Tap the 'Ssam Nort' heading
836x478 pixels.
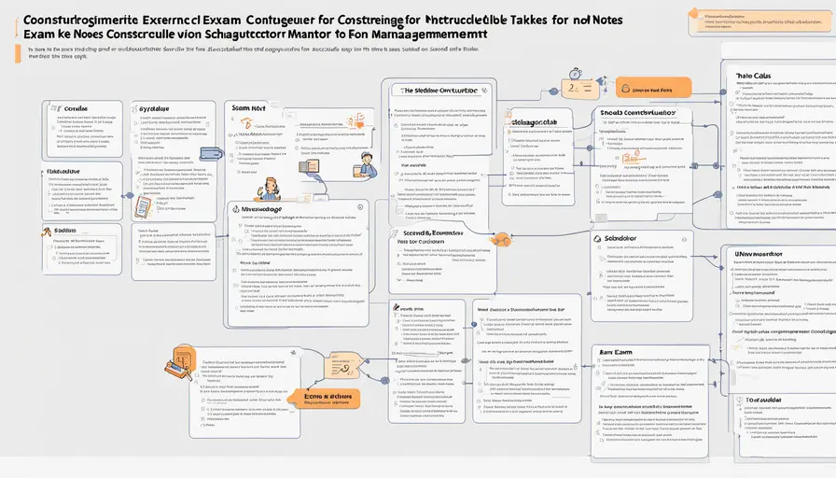tap(249, 108)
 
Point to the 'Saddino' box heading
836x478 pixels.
tap(65, 230)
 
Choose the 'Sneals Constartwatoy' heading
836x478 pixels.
tap(636, 114)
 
